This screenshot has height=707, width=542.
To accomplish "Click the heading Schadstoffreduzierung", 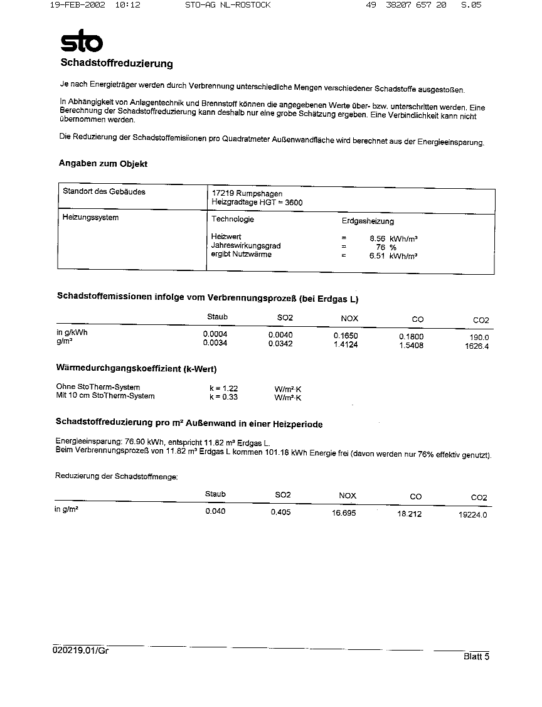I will pos(116,63).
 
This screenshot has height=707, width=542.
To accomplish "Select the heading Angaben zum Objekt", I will pos(103,164).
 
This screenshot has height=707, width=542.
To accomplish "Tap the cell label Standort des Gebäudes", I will pos(104,192).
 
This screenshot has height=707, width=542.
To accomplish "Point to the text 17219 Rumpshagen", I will pos(247,194).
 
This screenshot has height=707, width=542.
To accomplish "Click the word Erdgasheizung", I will pos(368,221).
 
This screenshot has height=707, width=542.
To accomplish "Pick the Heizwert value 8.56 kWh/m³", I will pos(393,238).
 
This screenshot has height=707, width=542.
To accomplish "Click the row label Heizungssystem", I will pos(90,218).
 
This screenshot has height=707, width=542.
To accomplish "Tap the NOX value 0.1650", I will pos(345,336).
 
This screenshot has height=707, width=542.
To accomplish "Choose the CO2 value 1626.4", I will pos(477,346).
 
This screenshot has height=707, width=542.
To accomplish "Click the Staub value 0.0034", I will pos(215,343).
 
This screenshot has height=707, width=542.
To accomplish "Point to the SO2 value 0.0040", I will pos(280,335).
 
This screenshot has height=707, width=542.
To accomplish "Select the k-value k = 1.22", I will pos(223,388).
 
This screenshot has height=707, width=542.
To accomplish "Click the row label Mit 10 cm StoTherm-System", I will pos(105,396).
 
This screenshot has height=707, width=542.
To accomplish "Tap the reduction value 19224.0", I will pos(473,515).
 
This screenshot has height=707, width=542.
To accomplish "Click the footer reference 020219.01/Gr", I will pos(81,651).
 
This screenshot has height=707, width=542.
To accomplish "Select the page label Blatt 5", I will pos(476,657).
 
